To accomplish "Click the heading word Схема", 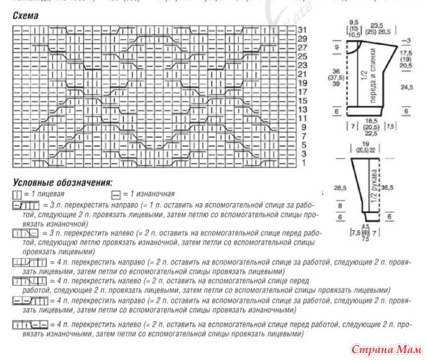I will [x=27, y=15].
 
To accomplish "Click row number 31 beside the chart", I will [x=302, y=30].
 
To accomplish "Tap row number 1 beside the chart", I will [x=302, y=162].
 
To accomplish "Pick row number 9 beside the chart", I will [x=302, y=127].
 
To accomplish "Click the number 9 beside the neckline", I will [x=337, y=48].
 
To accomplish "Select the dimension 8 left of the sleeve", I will [x=341, y=207].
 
